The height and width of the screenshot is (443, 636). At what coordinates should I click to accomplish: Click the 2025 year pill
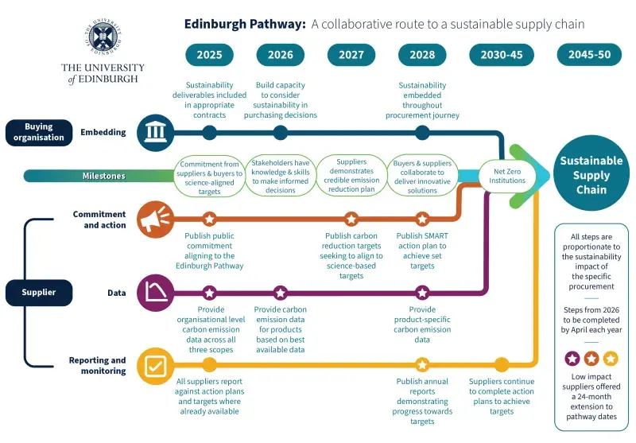[x=210, y=55]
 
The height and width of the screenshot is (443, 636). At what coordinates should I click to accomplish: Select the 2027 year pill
[x=351, y=55]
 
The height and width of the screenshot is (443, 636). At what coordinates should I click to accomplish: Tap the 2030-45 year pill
[x=502, y=55]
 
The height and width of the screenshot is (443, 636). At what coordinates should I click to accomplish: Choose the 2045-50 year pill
[x=589, y=55]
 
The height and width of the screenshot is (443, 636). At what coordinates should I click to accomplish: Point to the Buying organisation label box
[x=38, y=132]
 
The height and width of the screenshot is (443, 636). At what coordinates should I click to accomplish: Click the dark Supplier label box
[x=38, y=293]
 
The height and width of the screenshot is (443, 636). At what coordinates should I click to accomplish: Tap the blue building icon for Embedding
[x=153, y=132]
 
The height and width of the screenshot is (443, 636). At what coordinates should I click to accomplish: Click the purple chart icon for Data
[x=153, y=293]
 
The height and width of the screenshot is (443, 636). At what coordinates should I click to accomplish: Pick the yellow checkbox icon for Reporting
[x=153, y=365]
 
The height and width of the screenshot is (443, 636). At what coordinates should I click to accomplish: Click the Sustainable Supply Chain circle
[x=590, y=175]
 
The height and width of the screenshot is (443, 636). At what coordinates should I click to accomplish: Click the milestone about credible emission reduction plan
[x=351, y=175]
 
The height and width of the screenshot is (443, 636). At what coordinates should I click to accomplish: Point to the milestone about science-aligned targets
[x=210, y=175]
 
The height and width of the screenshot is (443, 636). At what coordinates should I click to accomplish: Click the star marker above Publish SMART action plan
[x=422, y=219]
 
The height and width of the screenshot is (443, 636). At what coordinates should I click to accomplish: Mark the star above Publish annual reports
[x=422, y=365]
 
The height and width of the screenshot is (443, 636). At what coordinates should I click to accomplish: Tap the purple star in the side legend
[x=571, y=358]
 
